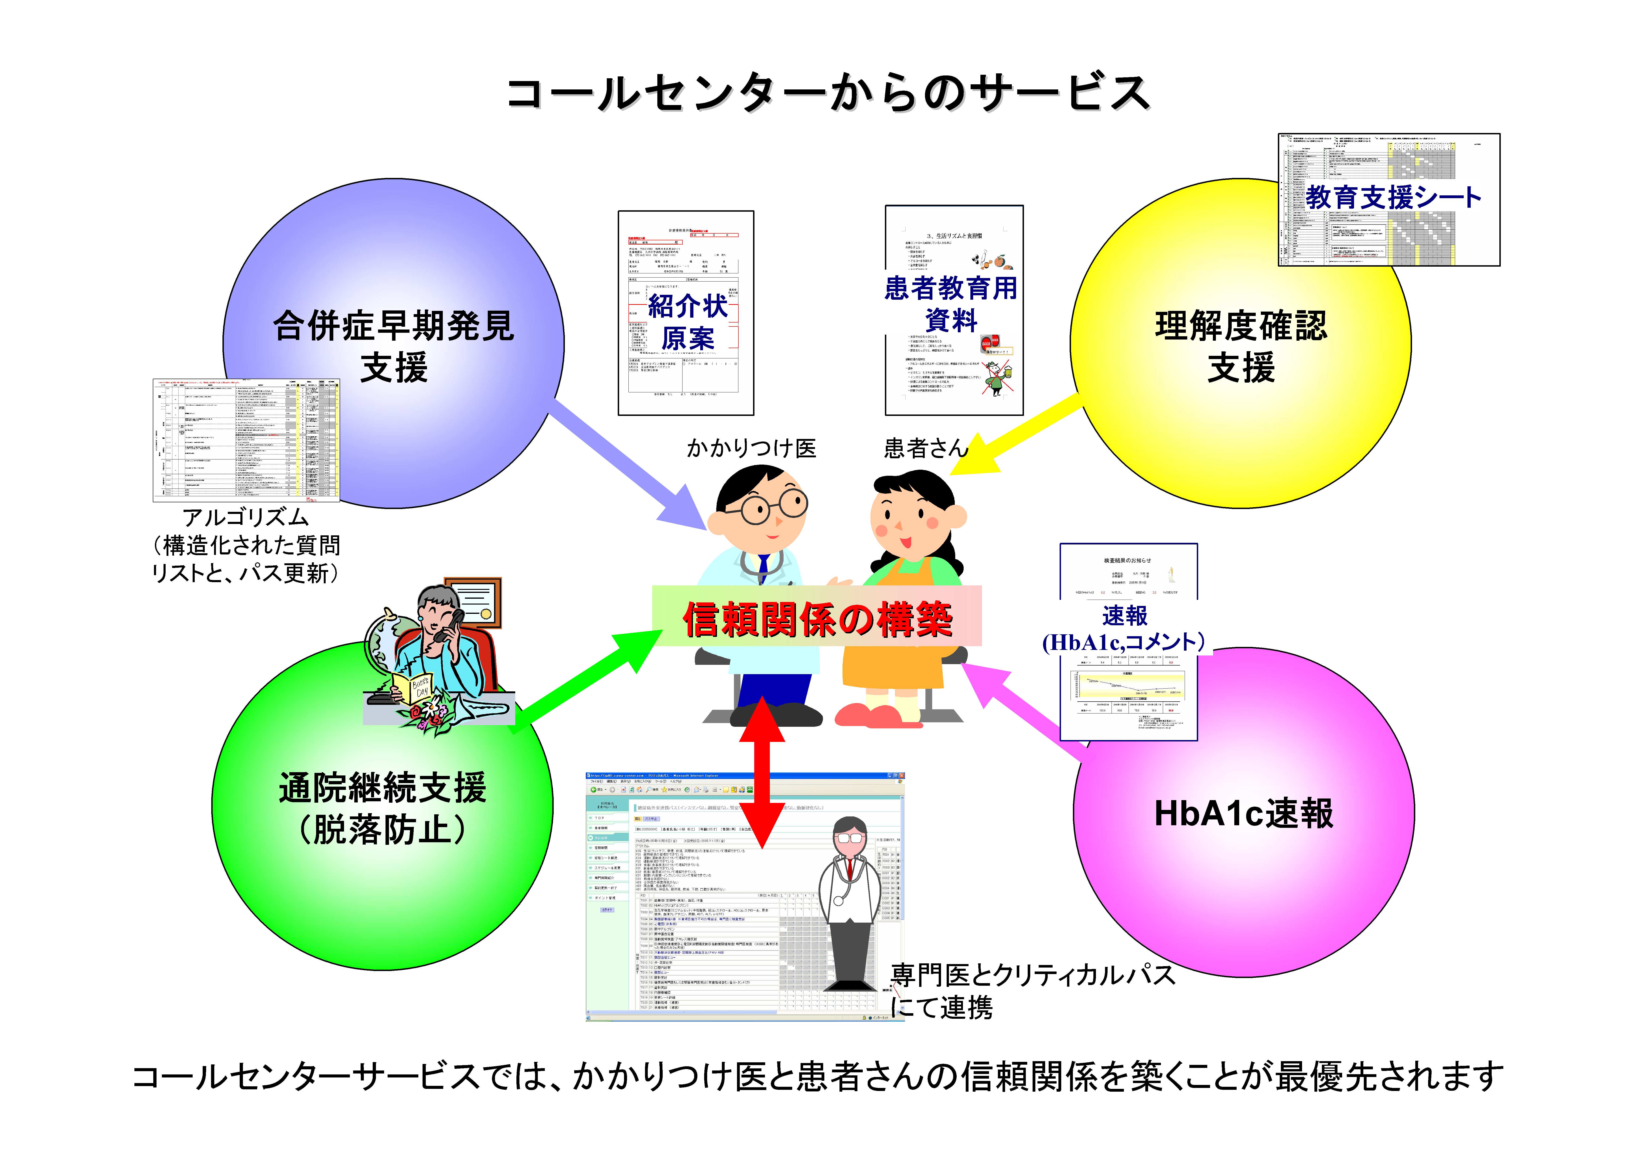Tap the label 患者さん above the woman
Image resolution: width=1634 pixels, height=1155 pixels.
tap(925, 448)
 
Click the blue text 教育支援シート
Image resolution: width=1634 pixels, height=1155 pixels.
tap(1393, 197)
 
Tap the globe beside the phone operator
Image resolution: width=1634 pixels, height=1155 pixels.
tap(388, 640)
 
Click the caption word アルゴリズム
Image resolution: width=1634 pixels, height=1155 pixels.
tap(246, 517)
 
